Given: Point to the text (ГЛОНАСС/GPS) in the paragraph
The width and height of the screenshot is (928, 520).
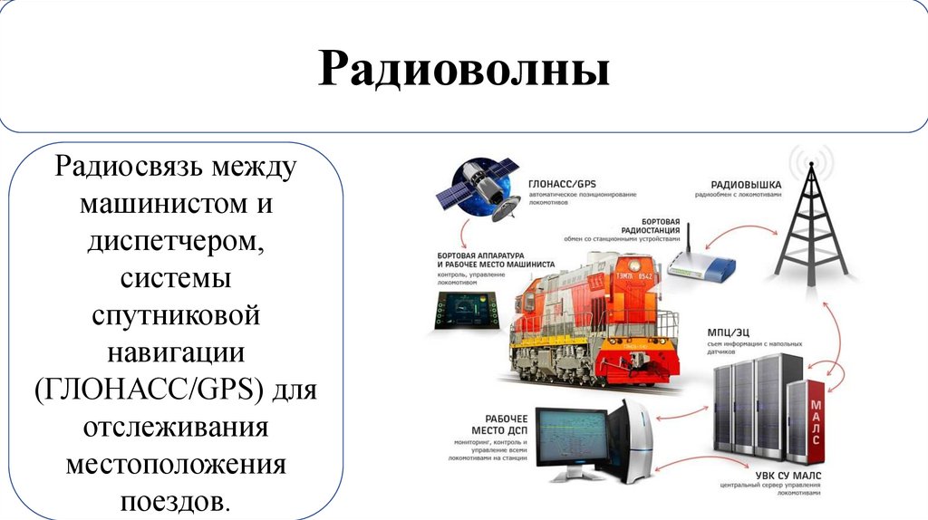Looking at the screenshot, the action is click(148, 390).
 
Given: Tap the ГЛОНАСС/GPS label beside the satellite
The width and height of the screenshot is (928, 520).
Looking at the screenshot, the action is click(562, 182).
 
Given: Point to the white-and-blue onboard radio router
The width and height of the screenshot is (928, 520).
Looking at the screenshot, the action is click(702, 265).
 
